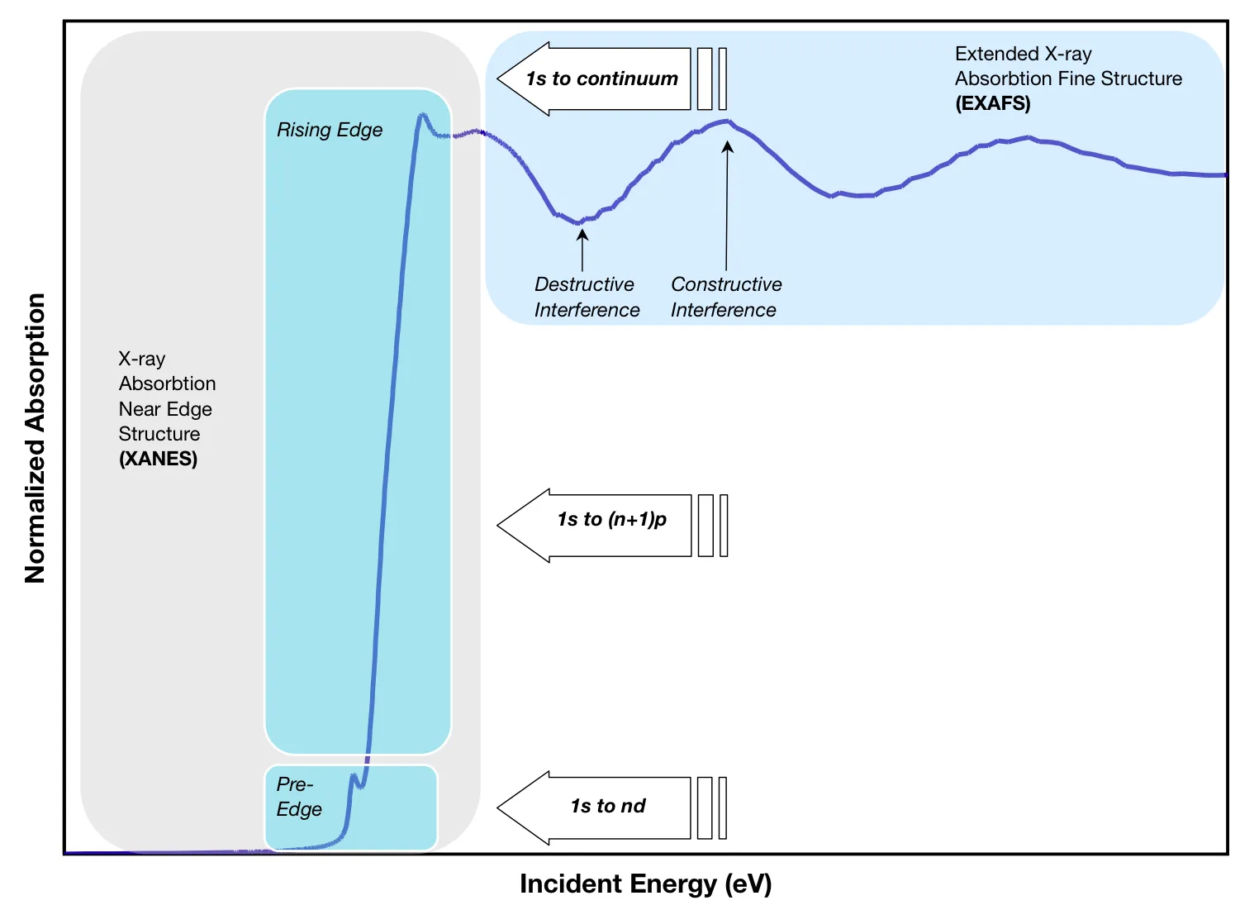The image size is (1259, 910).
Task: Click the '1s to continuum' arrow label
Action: pos(601,79)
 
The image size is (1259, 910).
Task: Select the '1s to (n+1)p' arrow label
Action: pos(611,519)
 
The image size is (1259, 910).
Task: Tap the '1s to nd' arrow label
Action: pos(608,806)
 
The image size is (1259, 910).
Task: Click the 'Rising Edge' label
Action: pos(330,130)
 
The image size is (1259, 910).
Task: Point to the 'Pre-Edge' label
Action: pos(298,796)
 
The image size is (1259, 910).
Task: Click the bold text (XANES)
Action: pos(158,459)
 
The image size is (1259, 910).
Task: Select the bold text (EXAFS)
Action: pos(992,103)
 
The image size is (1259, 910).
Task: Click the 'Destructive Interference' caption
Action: pos(587,297)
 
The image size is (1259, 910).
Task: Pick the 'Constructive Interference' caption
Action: pos(725,297)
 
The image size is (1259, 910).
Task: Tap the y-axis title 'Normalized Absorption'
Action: pos(35,438)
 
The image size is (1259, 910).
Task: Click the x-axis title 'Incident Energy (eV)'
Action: pos(645,884)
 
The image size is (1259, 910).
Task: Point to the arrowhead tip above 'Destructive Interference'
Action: pos(582,230)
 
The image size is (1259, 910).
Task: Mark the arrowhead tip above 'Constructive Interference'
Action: pos(727,141)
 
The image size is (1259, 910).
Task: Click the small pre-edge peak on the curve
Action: pos(354,776)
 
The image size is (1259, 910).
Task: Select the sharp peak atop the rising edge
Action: pos(422,115)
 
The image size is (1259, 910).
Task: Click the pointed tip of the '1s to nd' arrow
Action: pos(498,808)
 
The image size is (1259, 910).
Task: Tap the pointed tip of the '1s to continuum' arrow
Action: pos(498,79)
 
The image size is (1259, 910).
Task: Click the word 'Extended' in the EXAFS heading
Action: pos(995,54)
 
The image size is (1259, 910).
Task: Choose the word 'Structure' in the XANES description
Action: pos(159,434)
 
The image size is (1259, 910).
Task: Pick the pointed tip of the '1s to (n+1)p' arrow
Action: pos(498,526)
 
